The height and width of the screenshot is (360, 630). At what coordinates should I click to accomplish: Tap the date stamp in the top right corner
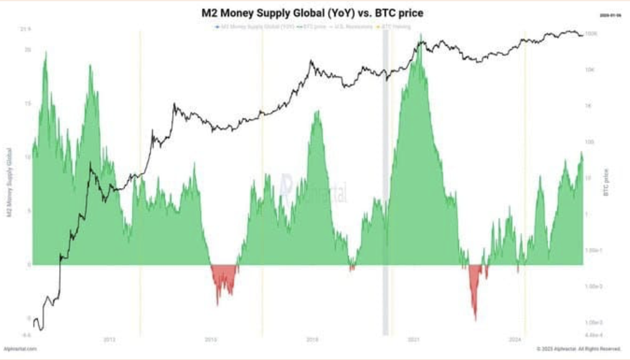coord(609,14)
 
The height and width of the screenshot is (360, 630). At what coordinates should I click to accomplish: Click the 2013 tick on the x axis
coord(109,339)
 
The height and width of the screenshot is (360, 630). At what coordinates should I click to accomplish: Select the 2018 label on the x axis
coord(313,339)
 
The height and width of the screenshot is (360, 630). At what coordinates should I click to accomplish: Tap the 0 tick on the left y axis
coord(29,264)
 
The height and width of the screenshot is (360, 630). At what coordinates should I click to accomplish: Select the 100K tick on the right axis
coord(592,34)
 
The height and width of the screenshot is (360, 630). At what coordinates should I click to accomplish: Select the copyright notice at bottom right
coord(579,349)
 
